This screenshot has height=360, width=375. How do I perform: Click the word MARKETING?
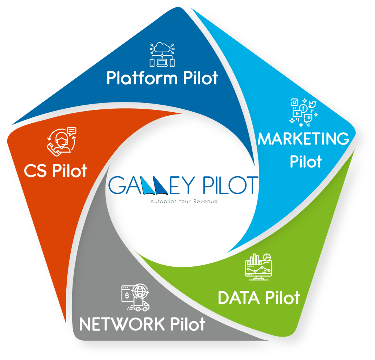pyautogui.click(x=304, y=139)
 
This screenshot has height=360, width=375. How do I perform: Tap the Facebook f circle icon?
pyautogui.click(x=303, y=108)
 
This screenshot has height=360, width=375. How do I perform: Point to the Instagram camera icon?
pyautogui.click(x=294, y=103)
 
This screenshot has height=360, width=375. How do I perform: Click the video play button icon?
pyautogui.click(x=297, y=114)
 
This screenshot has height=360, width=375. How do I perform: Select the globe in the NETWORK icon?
pyautogui.click(x=139, y=292)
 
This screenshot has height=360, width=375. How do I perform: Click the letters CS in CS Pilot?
pyautogui.click(x=36, y=171)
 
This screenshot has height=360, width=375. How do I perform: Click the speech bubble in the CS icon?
pyautogui.click(x=71, y=130)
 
